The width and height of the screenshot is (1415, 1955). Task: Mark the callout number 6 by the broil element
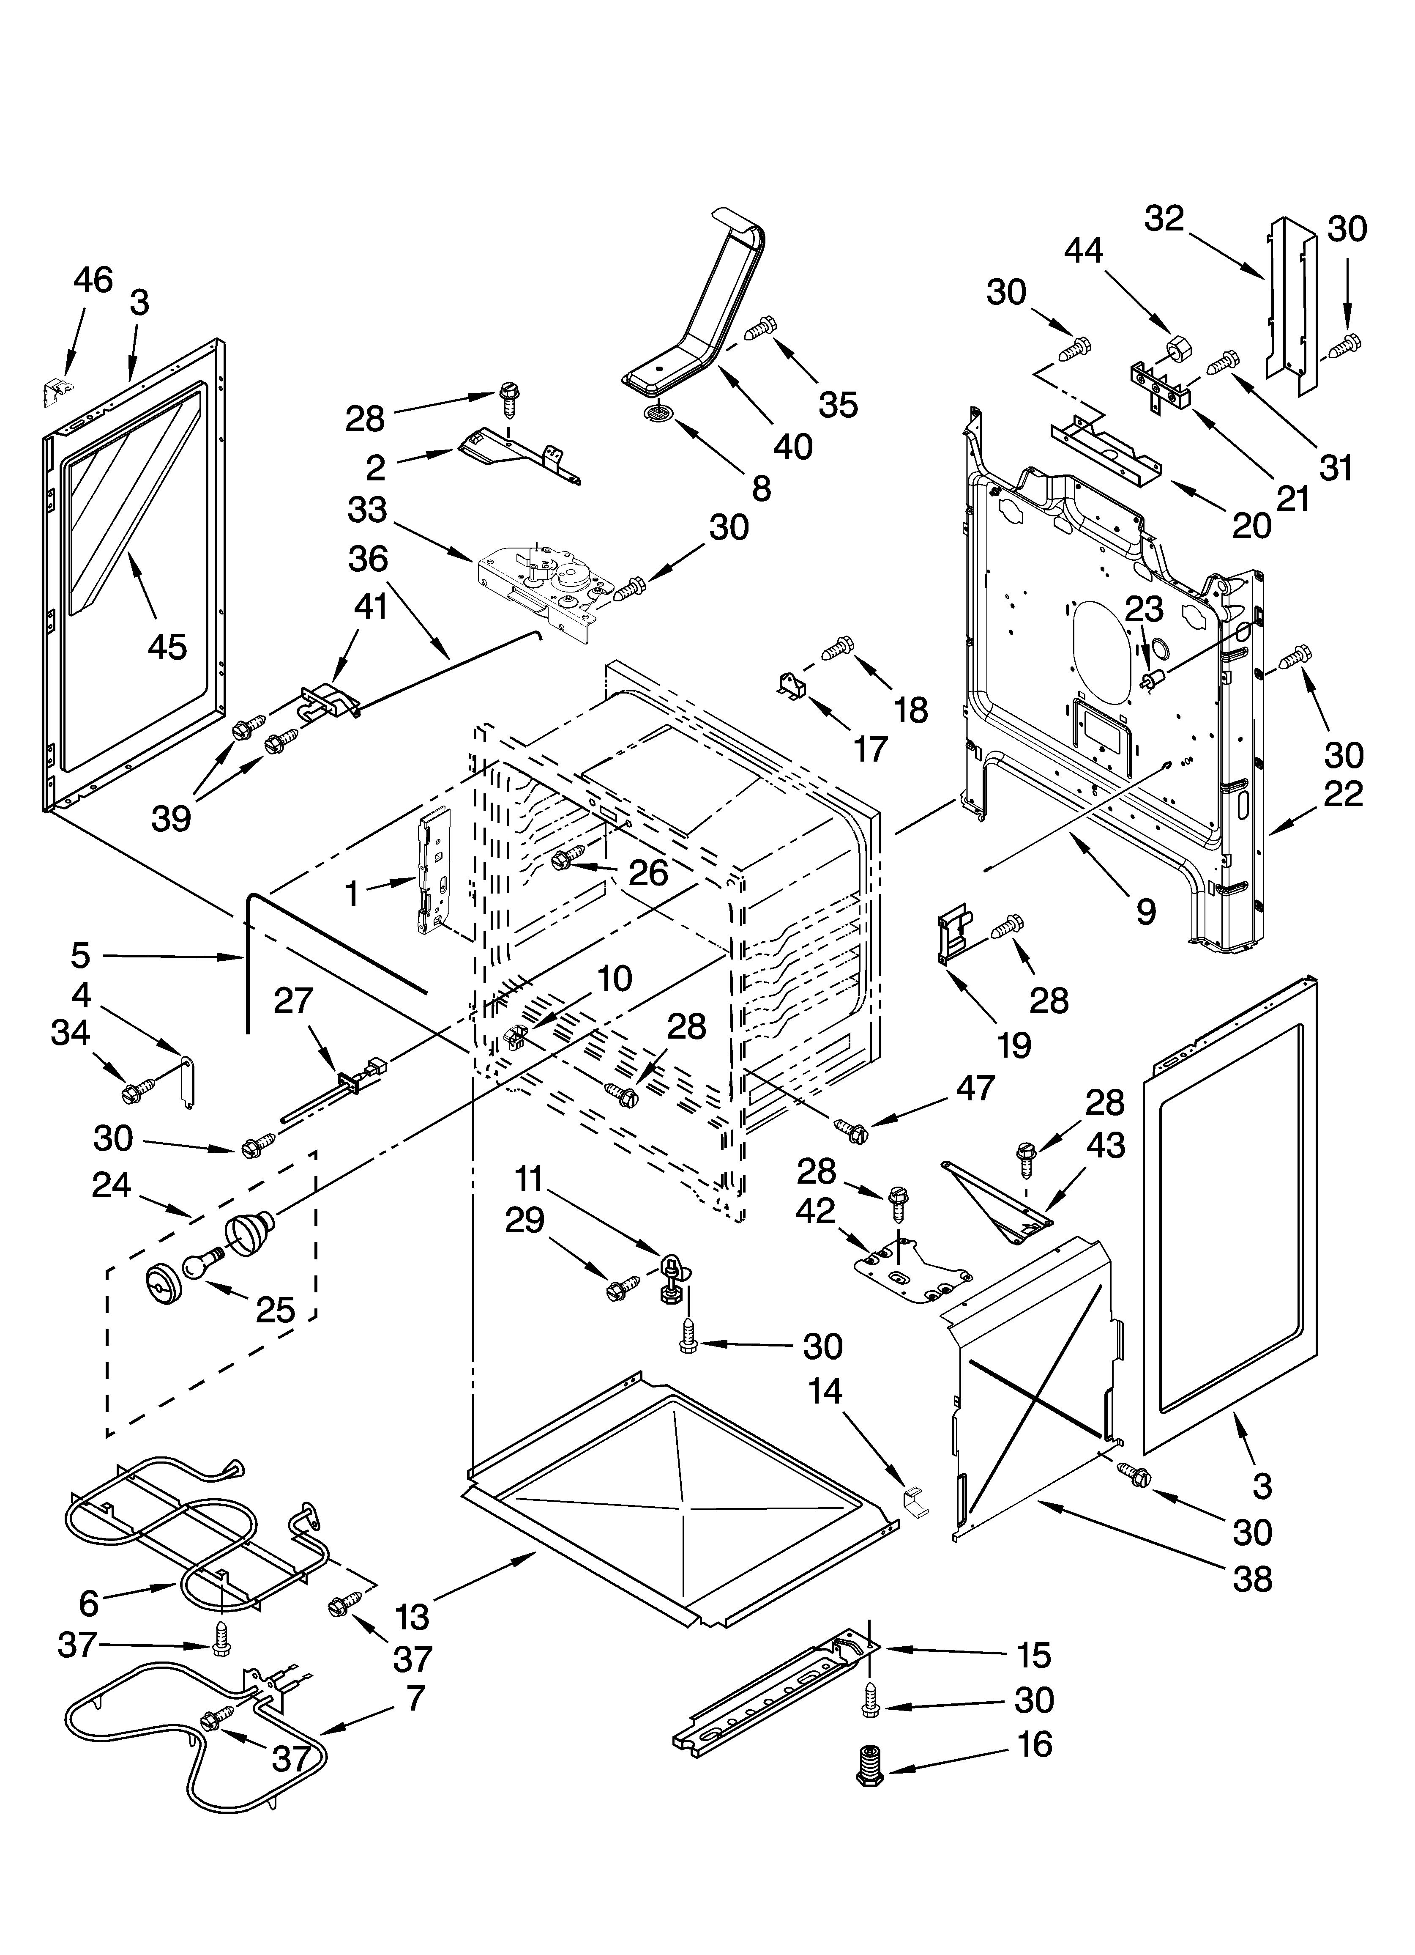pyautogui.click(x=89, y=1602)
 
